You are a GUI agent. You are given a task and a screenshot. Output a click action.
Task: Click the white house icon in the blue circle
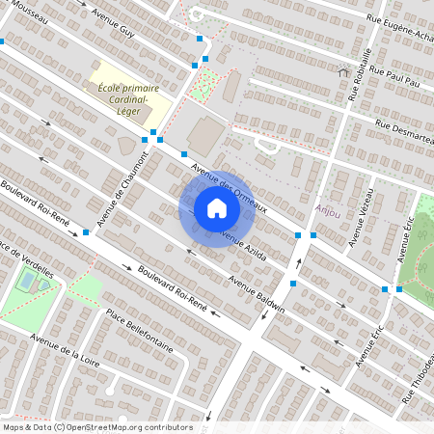217,208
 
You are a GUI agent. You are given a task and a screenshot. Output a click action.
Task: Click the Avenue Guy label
114,24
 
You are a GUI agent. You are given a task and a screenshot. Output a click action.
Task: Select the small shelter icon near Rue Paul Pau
343,71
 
